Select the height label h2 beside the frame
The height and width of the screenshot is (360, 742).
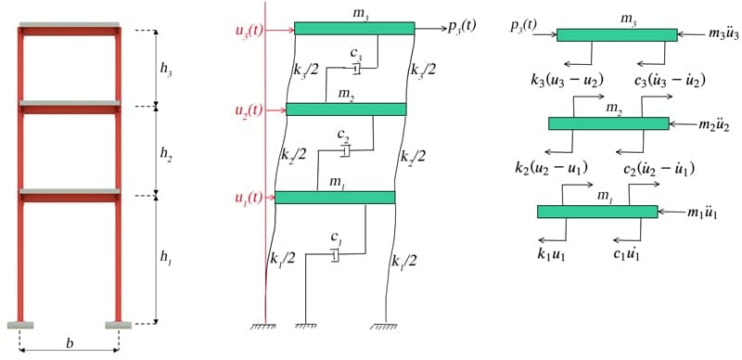(x=167, y=154)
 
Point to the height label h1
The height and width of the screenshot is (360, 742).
(x=165, y=260)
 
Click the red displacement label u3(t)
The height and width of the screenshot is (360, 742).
(x=249, y=30)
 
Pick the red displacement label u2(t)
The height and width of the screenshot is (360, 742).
(x=249, y=110)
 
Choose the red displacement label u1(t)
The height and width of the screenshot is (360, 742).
(x=249, y=198)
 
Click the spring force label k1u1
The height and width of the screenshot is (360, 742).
(x=553, y=251)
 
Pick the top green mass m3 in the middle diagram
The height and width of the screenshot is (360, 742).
(x=354, y=29)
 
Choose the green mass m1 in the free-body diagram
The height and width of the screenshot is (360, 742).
(x=597, y=212)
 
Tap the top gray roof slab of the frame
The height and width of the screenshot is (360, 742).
(x=70, y=24)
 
